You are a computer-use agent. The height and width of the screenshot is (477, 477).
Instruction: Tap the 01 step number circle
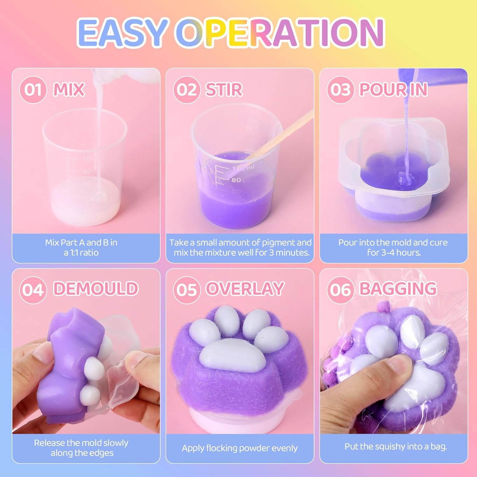tap(33, 90)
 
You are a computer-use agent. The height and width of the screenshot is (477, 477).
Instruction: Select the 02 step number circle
tap(187, 90)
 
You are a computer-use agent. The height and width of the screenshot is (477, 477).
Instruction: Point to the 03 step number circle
tap(341, 90)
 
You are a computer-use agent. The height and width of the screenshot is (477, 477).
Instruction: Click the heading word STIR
tap(224, 89)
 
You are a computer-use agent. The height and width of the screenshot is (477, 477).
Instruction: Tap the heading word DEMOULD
tap(96, 289)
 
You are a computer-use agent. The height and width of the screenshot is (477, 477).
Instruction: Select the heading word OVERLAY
tap(245, 289)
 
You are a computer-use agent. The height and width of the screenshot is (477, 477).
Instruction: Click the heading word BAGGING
tap(398, 289)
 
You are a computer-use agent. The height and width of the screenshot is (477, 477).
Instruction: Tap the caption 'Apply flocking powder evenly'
tap(240, 448)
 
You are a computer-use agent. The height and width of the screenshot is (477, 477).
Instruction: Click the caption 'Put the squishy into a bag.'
tap(396, 446)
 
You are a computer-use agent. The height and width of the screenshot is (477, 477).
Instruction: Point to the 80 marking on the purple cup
tap(236, 180)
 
